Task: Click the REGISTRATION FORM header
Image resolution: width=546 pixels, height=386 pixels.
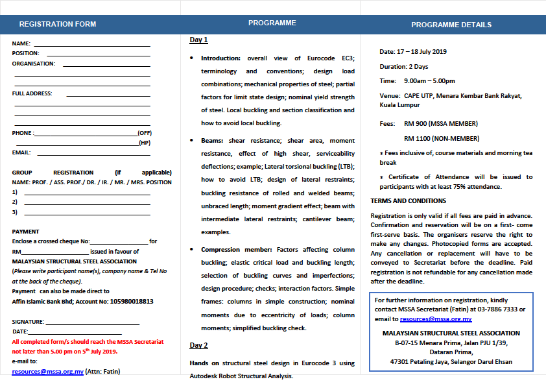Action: (x=58, y=24)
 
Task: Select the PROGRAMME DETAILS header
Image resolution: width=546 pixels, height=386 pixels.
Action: (x=451, y=25)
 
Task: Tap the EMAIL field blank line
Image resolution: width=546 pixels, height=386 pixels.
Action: (x=93, y=154)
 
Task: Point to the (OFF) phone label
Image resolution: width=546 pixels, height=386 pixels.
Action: (x=145, y=132)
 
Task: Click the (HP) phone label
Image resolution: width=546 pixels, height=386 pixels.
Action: (x=145, y=143)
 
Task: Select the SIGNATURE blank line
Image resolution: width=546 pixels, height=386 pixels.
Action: (x=93, y=322)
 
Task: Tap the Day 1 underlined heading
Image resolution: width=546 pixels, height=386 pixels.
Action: (x=198, y=40)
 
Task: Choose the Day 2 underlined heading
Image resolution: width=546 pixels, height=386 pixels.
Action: (x=198, y=345)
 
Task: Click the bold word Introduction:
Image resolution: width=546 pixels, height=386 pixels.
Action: (x=220, y=58)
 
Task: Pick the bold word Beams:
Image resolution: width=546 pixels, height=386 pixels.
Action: (x=212, y=141)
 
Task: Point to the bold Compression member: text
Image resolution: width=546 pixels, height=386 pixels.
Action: (x=237, y=249)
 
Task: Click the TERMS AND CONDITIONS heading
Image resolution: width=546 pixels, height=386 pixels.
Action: (x=409, y=201)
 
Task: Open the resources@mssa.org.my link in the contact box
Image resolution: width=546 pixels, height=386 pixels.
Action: (x=436, y=319)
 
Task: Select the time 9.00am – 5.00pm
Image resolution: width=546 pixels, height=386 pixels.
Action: (x=429, y=81)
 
